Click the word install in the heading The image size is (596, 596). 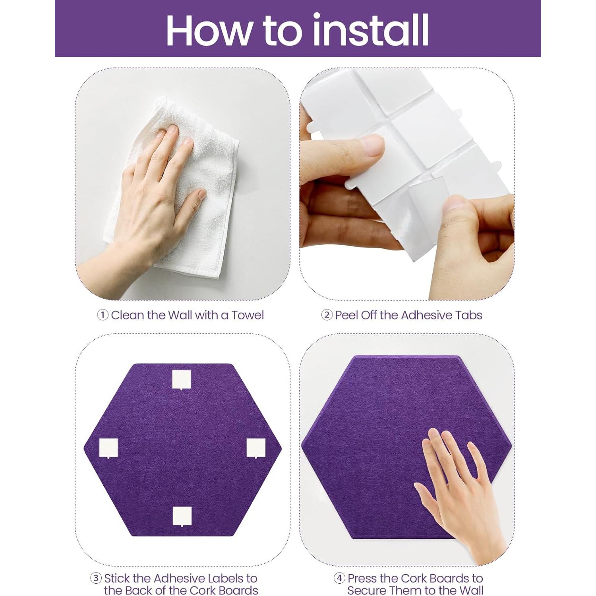point(371,29)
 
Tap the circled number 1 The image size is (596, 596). point(103,315)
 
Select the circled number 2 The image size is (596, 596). point(327,315)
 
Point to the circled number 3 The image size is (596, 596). point(96,578)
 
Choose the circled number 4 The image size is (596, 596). point(339,578)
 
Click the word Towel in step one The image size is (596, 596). point(248,315)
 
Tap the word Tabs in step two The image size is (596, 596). point(469,315)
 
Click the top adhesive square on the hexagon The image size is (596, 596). point(182,379)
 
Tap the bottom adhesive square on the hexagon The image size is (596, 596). point(182,516)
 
